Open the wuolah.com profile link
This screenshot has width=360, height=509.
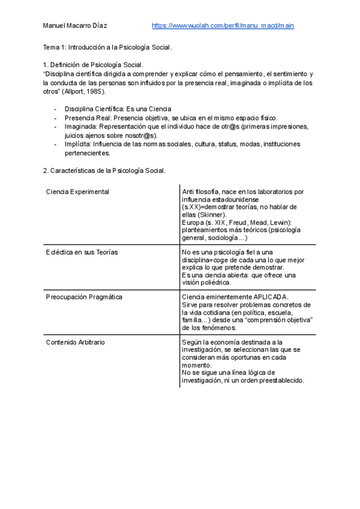pyautogui.click(x=223, y=26)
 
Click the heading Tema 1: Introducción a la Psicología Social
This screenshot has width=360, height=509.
pyautogui.click(x=107, y=47)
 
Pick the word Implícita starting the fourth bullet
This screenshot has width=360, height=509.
pyautogui.click(x=78, y=144)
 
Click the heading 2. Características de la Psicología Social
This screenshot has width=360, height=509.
pyautogui.click(x=104, y=170)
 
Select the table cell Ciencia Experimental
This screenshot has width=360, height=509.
pyautogui.click(x=77, y=191)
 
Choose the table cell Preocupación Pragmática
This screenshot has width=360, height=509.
pyautogui.click(x=84, y=297)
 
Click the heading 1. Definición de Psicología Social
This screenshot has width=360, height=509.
pyautogui.click(x=94, y=64)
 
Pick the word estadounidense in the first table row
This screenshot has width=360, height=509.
pyautogui.click(x=217, y=199)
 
